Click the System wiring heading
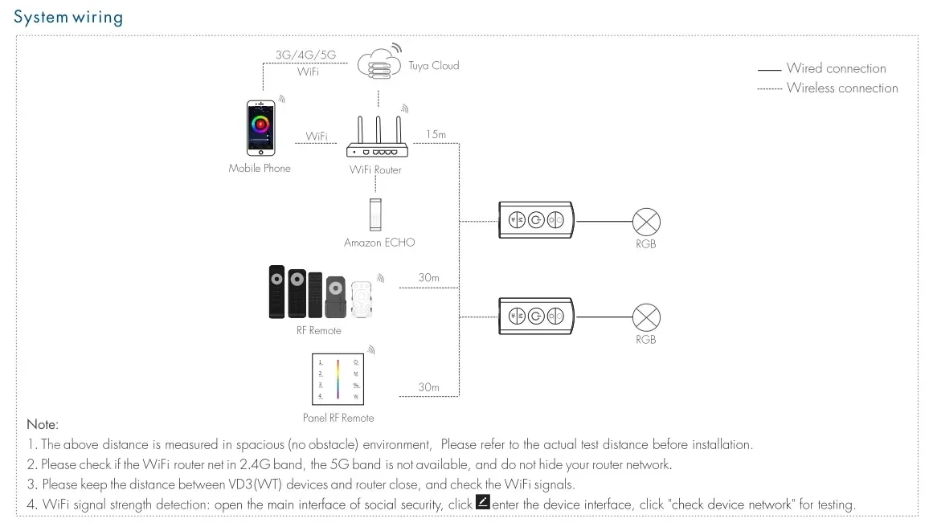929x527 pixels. point(68,17)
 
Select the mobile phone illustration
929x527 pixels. point(260,128)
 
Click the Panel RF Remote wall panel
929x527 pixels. point(338,379)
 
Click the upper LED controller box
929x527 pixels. point(536,219)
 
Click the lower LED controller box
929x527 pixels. point(536,315)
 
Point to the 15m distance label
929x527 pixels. point(436,134)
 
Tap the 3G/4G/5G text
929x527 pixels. point(305,55)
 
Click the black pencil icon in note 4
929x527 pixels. point(482,503)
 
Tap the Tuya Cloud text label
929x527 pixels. point(433,66)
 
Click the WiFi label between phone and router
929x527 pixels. point(317,137)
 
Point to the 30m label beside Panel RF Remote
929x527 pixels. point(428,387)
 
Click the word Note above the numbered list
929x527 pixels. point(43,424)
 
